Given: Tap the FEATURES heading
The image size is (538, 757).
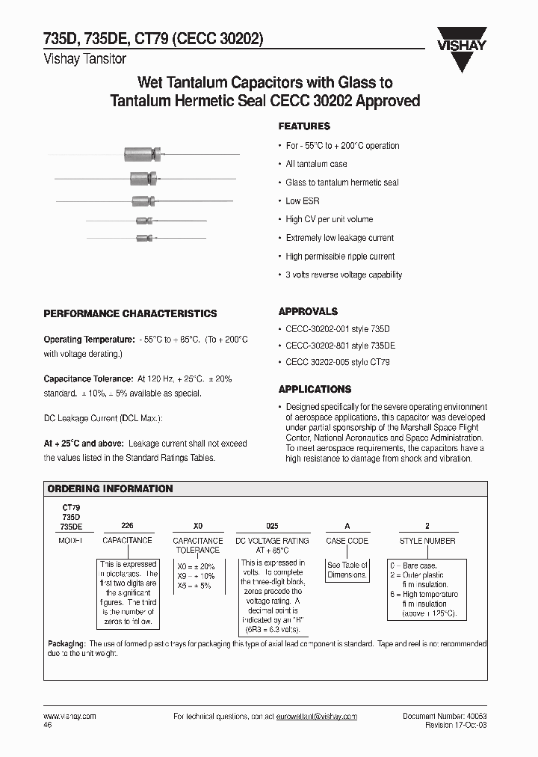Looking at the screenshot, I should point(304,126).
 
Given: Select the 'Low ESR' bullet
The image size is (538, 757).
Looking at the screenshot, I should point(304,201).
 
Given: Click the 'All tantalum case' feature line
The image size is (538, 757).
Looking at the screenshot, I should point(316,164).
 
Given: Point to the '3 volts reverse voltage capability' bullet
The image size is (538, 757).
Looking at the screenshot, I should point(344,275).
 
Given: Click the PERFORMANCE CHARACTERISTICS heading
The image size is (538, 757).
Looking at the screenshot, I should point(130,313).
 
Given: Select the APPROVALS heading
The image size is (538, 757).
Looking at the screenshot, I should point(308,311).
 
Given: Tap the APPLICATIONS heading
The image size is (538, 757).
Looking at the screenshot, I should point(315,389).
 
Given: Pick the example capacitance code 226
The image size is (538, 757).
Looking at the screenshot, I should point(126,527).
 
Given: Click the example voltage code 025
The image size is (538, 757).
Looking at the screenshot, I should point(271,527).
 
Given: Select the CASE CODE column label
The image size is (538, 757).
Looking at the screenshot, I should point(347,540).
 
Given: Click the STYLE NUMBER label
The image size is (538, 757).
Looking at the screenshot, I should point(427,540).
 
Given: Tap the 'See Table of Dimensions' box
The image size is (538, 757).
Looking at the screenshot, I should point(347,570).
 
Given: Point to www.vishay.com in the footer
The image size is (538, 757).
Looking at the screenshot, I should point(65,717).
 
